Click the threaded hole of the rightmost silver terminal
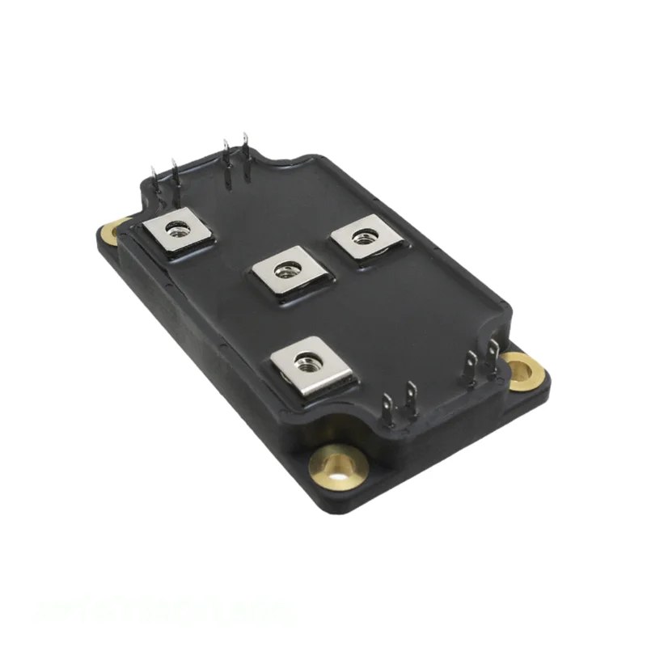coord(365,238)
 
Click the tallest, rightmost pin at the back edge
coord(245,154)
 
